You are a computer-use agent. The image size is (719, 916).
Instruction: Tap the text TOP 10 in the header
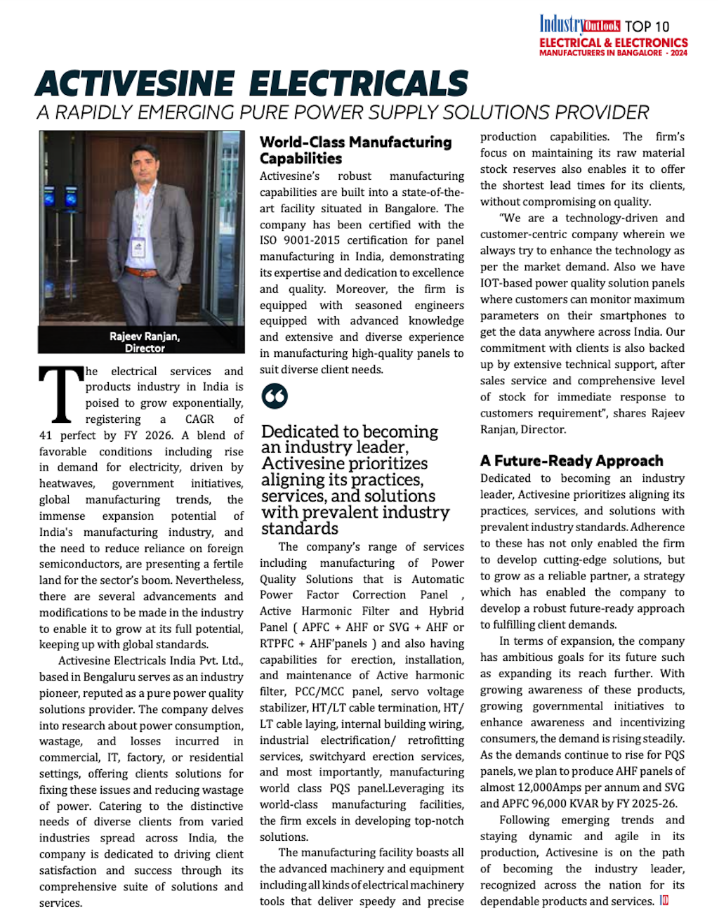(647, 27)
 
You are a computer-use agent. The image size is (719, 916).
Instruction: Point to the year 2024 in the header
(678, 53)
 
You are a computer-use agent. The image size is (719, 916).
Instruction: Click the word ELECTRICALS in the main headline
(359, 84)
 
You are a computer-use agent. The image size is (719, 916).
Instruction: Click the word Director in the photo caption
(145, 348)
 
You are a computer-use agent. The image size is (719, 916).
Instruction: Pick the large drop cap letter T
(61, 395)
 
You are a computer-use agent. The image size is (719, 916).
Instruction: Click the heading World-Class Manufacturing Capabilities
(355, 150)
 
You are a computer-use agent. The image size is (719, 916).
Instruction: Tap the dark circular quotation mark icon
(275, 396)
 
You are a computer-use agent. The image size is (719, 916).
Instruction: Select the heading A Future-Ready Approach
(572, 461)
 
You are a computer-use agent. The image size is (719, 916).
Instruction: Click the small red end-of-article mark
(664, 901)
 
